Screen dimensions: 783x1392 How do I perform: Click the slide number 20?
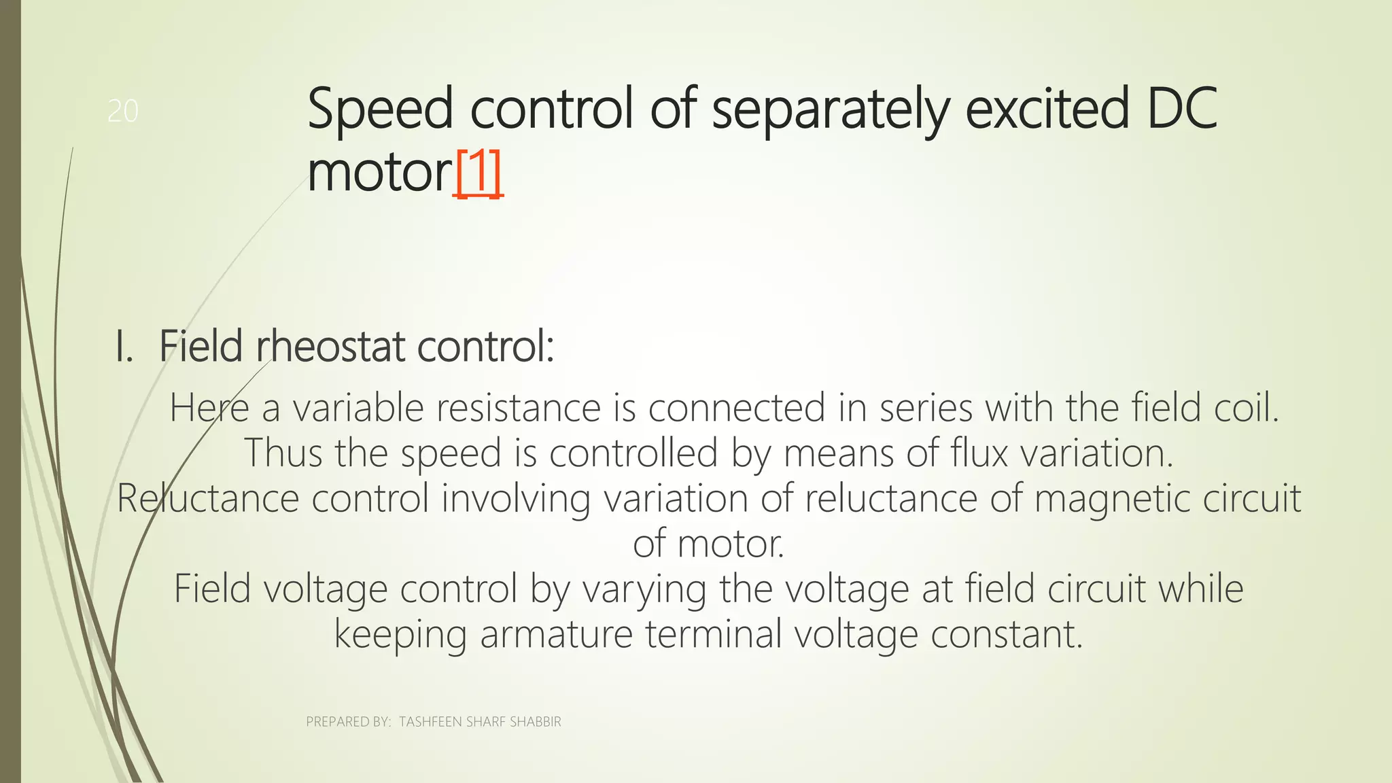point(123,111)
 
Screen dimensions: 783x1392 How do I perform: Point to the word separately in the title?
point(829,111)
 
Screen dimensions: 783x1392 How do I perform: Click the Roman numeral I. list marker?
point(124,347)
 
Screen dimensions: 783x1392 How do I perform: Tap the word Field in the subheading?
point(201,347)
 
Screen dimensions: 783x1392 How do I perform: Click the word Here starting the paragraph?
point(209,408)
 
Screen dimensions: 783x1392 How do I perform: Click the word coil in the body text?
point(1246,408)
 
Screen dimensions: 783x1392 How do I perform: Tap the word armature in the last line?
point(557,634)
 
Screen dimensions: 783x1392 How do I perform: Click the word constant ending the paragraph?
point(1006,634)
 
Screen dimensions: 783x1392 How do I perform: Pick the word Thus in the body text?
point(283,453)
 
